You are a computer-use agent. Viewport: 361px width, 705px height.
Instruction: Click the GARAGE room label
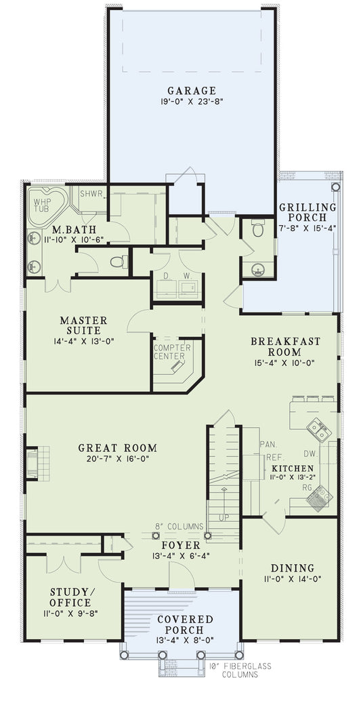pyautogui.click(x=192, y=90)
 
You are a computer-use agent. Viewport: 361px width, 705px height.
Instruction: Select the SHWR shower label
pyautogui.click(x=91, y=193)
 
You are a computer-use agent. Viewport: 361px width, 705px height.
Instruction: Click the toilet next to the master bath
pyautogui.click(x=119, y=262)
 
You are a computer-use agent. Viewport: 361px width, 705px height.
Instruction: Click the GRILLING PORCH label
pyautogui.click(x=308, y=212)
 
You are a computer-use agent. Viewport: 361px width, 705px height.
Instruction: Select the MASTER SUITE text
pyautogui.click(x=83, y=325)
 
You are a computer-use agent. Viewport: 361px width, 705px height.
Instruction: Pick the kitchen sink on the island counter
pyautogui.click(x=316, y=429)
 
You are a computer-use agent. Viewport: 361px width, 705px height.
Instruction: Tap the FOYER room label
pyautogui.click(x=180, y=545)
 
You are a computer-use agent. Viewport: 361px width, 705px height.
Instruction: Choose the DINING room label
pyautogui.click(x=292, y=568)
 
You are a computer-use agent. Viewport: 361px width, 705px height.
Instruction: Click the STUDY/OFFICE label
pyautogui.click(x=70, y=597)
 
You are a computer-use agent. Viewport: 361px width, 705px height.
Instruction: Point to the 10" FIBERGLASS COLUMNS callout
pyautogui.click(x=230, y=670)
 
